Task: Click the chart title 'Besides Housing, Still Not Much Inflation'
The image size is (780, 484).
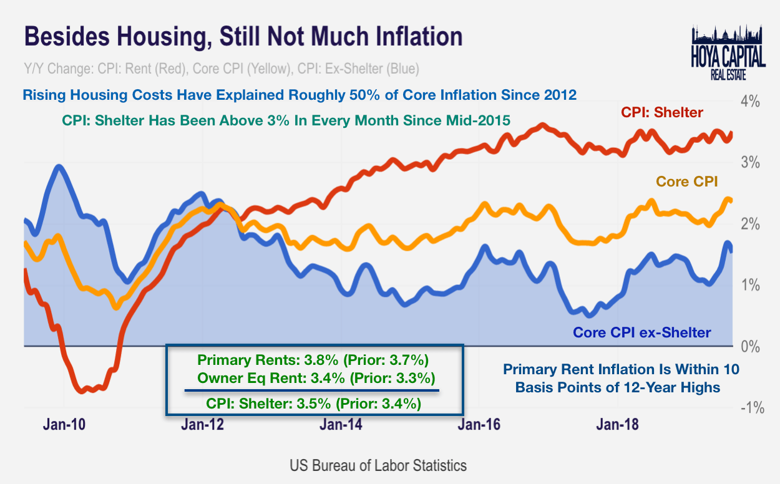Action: click(243, 37)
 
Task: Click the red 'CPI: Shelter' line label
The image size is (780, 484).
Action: click(661, 113)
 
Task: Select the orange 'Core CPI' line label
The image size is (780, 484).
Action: click(686, 181)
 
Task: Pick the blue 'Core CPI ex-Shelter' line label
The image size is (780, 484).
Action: click(642, 332)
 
